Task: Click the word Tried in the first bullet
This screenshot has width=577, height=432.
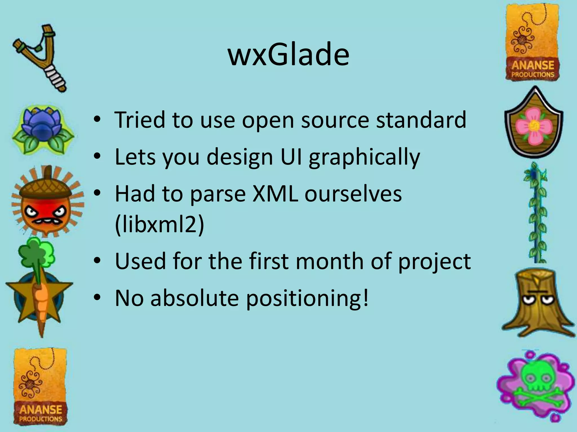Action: pos(140,120)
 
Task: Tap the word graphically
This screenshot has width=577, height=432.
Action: pos(364,157)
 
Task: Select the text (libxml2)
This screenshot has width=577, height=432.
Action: pos(159,225)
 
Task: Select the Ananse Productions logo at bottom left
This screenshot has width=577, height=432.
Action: pos(40,387)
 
